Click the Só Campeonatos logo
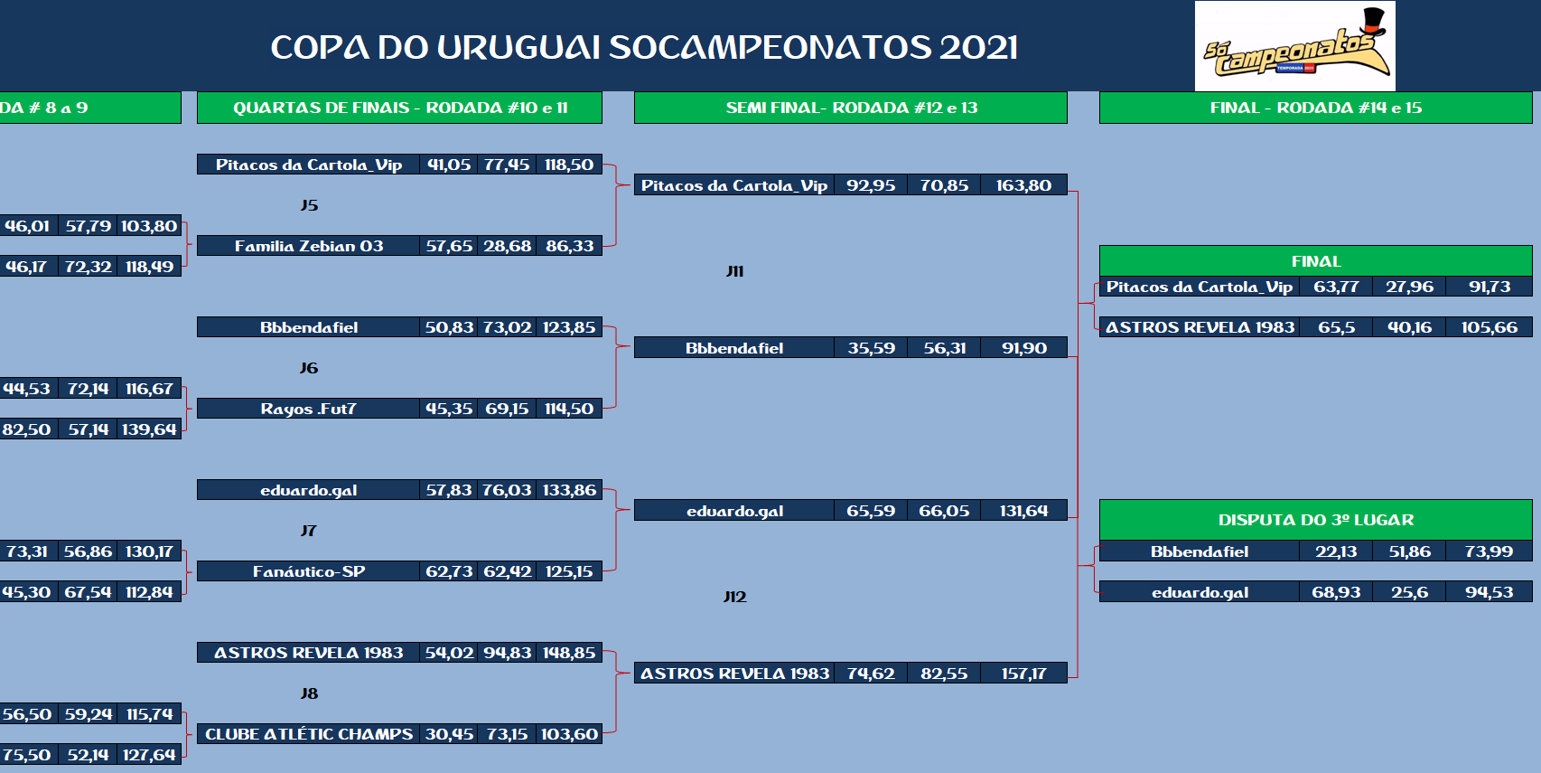click(1294, 46)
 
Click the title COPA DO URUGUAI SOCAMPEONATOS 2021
click(644, 48)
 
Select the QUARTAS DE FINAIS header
click(399, 108)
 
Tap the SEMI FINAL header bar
click(850, 108)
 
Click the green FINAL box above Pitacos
click(1315, 261)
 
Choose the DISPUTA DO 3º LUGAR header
click(1315, 520)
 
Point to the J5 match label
click(309, 205)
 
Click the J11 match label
click(734, 271)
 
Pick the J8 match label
click(309, 693)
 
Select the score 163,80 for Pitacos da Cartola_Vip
click(1023, 185)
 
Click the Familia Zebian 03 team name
click(309, 246)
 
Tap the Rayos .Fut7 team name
click(308, 409)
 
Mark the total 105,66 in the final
click(1489, 327)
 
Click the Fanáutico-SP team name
click(309, 571)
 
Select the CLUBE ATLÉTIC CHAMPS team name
click(309, 734)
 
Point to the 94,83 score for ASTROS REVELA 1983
click(507, 653)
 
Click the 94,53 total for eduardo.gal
click(1489, 593)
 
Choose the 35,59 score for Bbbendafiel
click(871, 348)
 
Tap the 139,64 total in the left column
click(149, 429)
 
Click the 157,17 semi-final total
click(1023, 674)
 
